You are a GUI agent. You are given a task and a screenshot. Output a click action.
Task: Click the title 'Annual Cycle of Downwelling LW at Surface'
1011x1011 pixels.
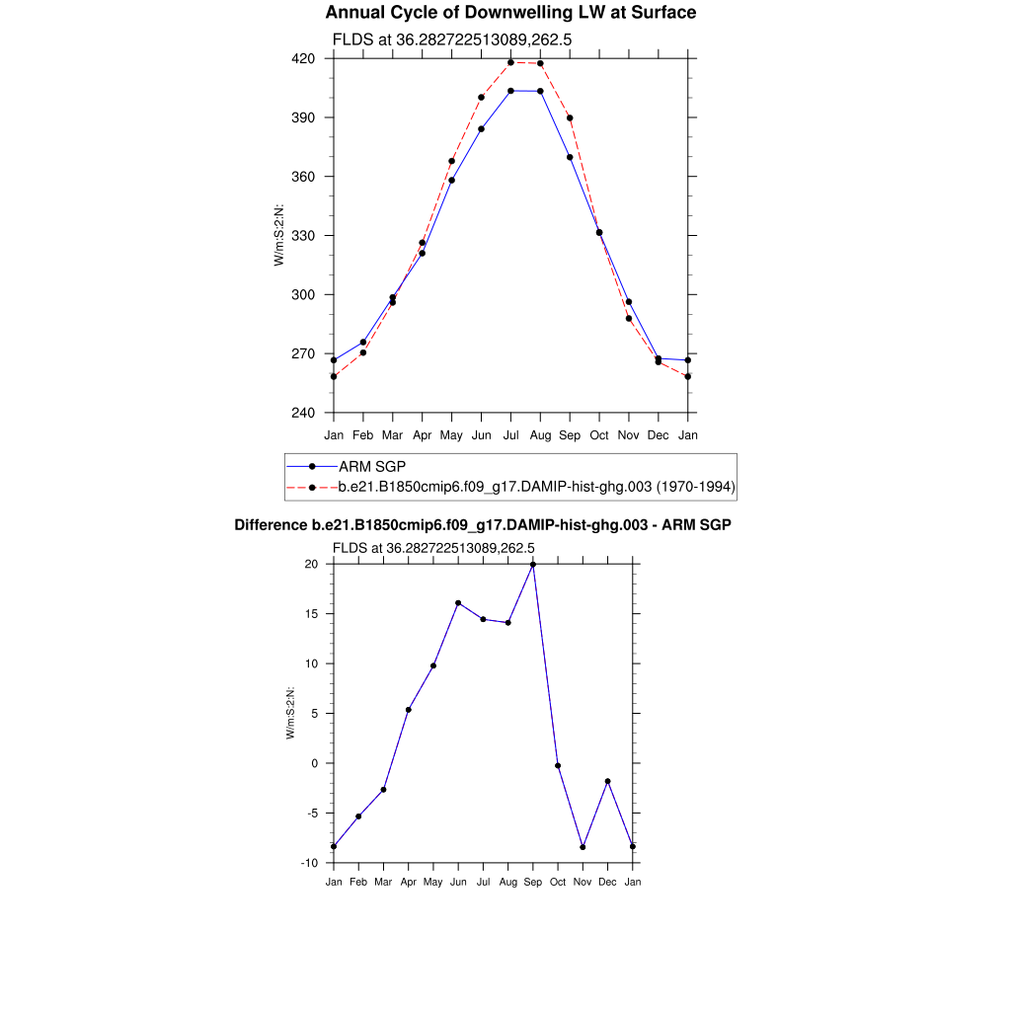pyautogui.click(x=510, y=13)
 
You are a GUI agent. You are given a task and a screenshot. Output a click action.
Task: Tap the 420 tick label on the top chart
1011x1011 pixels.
pyautogui.click(x=303, y=59)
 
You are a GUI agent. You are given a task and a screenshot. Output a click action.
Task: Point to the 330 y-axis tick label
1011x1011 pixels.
pyautogui.click(x=303, y=236)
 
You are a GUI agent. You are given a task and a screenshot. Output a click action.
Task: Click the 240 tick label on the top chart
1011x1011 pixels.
pyautogui.click(x=303, y=413)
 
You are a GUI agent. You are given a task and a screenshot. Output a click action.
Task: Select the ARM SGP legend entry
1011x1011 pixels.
pyautogui.click(x=372, y=466)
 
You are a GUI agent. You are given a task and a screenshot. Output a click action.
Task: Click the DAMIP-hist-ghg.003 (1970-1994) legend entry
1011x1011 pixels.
pyautogui.click(x=536, y=487)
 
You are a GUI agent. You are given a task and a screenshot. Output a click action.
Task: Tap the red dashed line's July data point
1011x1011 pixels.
pyautogui.click(x=510, y=62)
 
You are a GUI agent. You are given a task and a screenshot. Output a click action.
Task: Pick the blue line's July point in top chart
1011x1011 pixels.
pyautogui.click(x=510, y=91)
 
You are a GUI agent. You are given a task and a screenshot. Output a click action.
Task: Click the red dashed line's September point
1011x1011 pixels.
pyautogui.click(x=570, y=117)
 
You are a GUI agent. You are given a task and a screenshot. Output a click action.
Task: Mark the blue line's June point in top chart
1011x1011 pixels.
pyautogui.click(x=481, y=128)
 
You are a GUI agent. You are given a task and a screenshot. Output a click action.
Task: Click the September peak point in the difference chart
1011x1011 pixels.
pyautogui.click(x=533, y=564)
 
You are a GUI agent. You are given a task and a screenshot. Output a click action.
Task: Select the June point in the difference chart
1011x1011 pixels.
pyautogui.click(x=458, y=602)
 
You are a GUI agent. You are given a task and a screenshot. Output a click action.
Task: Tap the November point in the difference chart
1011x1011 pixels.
pyautogui.click(x=583, y=847)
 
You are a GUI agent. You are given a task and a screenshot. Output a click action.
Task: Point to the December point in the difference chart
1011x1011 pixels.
pyautogui.click(x=608, y=781)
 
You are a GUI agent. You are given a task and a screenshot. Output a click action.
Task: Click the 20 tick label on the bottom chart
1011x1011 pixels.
pyautogui.click(x=311, y=564)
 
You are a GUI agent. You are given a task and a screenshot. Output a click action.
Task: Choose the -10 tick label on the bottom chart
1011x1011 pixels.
pyautogui.click(x=309, y=863)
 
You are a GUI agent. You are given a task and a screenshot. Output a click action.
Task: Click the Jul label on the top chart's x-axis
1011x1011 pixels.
pyautogui.click(x=510, y=434)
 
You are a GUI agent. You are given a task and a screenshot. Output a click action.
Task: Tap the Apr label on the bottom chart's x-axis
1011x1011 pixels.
pyautogui.click(x=408, y=882)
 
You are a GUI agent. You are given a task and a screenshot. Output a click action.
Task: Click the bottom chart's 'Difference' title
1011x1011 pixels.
pyautogui.click(x=483, y=525)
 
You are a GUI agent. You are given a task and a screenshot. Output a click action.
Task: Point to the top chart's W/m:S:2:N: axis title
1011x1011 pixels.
pyautogui.click(x=279, y=236)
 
